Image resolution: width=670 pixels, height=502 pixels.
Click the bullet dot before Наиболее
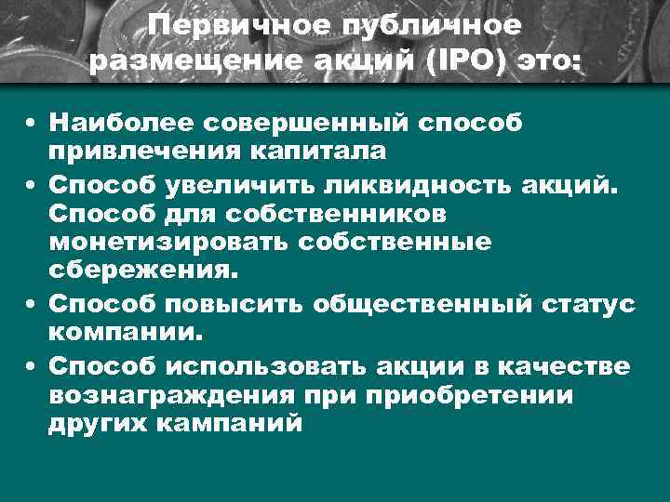coord(32,123)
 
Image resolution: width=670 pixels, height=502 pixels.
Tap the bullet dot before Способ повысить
coord(32,304)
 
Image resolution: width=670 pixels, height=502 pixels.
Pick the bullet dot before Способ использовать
coord(32,366)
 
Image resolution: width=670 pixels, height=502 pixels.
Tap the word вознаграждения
coord(172,393)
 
